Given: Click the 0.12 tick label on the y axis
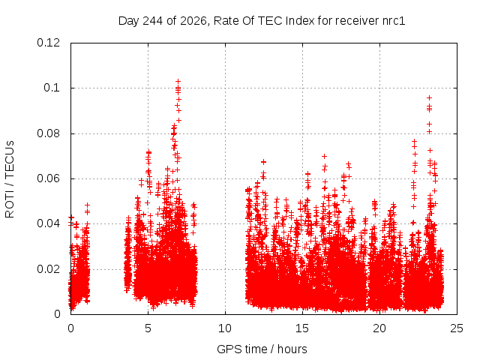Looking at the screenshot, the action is click(48, 43).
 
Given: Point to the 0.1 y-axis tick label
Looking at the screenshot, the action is click(52, 88).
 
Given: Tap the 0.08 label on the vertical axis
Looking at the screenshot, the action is click(48, 133).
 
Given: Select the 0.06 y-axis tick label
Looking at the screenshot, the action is click(48, 178).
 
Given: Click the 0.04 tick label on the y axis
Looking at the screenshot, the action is click(48, 223).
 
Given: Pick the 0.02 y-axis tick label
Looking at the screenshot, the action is click(48, 269).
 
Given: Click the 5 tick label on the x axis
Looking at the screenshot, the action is click(148, 328).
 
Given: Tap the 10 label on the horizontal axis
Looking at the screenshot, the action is click(225, 328).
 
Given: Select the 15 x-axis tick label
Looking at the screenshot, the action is click(302, 328).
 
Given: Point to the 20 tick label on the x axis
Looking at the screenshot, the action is click(379, 328).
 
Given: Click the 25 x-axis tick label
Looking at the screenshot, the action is click(457, 328).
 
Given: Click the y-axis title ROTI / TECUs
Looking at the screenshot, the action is click(10, 179).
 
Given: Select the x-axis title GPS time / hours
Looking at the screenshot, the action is click(262, 349).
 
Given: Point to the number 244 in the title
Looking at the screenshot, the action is click(153, 21).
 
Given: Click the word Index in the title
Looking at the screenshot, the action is click(300, 21).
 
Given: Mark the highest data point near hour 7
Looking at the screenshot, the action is click(178, 82).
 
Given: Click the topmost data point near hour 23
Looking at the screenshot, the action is click(429, 98).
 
